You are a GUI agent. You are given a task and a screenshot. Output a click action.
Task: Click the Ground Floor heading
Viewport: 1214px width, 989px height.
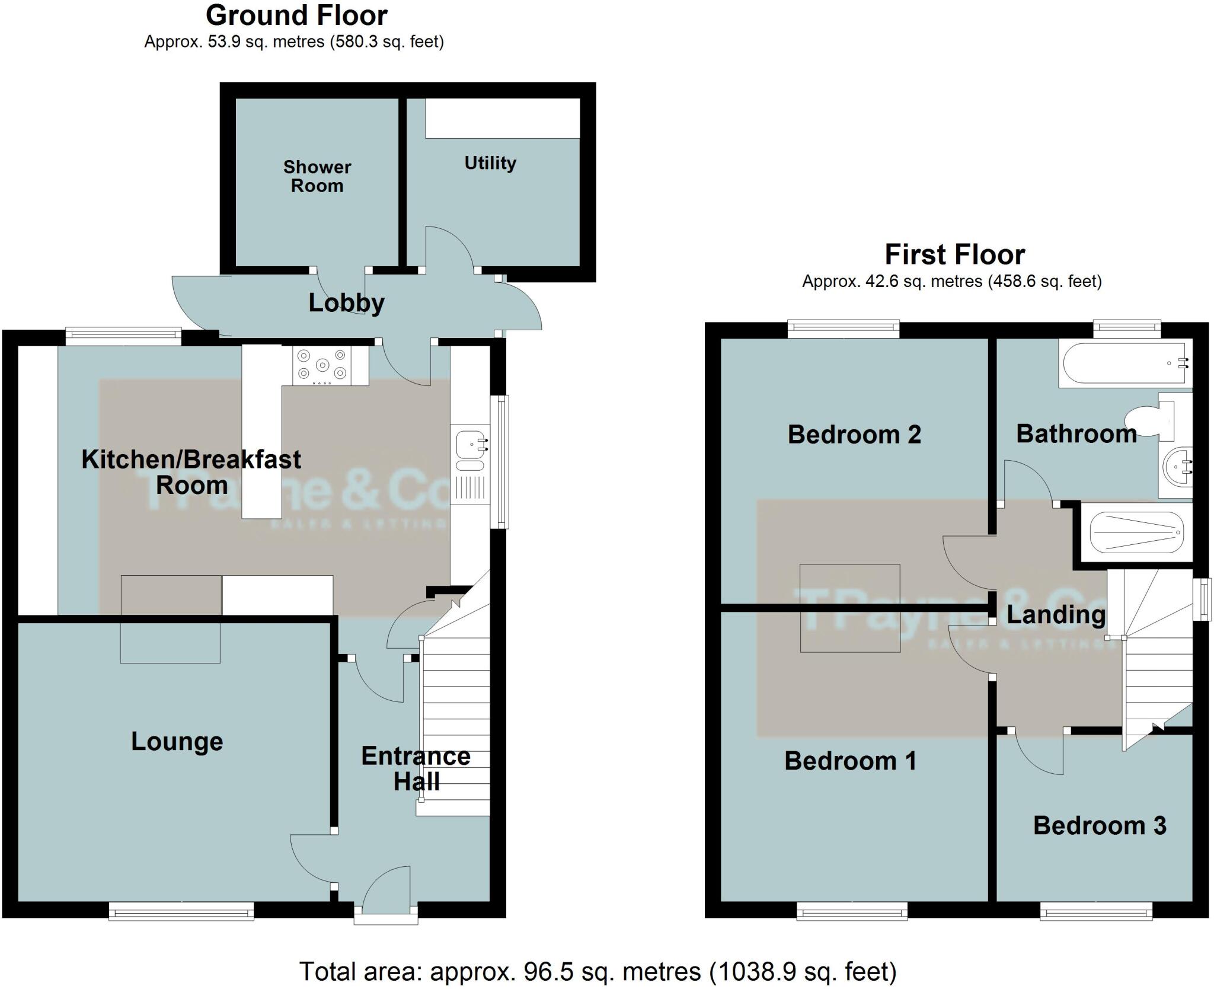pyautogui.click(x=296, y=16)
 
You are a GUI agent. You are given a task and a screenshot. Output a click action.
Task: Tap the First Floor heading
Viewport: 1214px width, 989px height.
pyautogui.click(x=954, y=255)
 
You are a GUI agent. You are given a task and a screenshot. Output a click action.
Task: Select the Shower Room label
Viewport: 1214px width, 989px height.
pyautogui.click(x=317, y=176)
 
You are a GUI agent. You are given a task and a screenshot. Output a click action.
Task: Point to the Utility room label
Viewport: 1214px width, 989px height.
pyautogui.click(x=490, y=163)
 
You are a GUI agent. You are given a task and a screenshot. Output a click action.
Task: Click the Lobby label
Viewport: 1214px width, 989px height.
pyautogui.click(x=346, y=303)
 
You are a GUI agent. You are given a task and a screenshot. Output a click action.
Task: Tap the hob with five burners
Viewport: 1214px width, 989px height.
pyautogui.click(x=322, y=365)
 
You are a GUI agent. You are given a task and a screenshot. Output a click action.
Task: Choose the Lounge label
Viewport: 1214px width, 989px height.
pyautogui.click(x=177, y=741)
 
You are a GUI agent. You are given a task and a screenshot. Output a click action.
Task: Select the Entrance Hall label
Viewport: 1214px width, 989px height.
pyautogui.click(x=416, y=769)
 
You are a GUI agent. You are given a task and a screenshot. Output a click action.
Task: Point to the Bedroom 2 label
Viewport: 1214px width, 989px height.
pyautogui.click(x=854, y=435)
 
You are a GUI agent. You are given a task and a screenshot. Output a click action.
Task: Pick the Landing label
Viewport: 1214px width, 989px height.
pyautogui.click(x=1056, y=615)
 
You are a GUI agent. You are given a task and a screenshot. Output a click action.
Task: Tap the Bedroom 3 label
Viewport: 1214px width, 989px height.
pyautogui.click(x=1100, y=825)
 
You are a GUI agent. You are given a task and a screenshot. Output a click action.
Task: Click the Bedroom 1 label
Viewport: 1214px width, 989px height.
pyautogui.click(x=850, y=761)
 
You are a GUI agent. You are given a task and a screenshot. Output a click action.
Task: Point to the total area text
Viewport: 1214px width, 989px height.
pyautogui.click(x=598, y=971)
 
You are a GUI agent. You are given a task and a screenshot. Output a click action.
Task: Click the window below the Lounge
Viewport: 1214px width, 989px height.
pyautogui.click(x=181, y=911)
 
